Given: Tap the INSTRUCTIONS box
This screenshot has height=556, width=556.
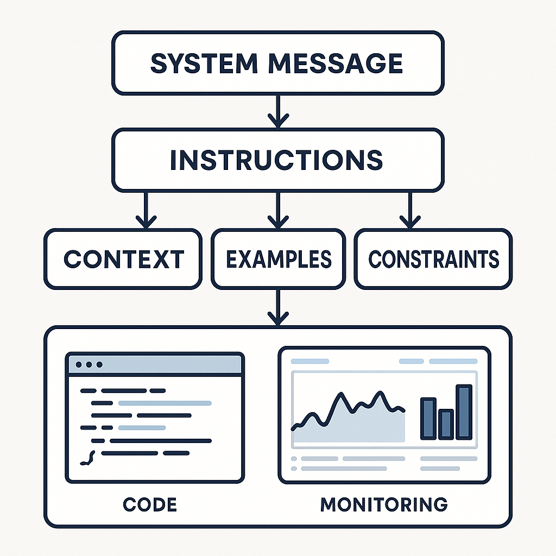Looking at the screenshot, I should click(x=277, y=159).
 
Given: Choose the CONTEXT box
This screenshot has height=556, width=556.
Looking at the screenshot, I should click(x=123, y=259).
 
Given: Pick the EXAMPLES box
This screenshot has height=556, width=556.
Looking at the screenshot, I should click(x=278, y=259).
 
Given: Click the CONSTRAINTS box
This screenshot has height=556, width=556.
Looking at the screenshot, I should click(x=433, y=259).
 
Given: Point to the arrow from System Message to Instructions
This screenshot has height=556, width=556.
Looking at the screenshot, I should click(x=277, y=111).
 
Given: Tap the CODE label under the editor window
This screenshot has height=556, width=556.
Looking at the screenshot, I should click(x=150, y=504).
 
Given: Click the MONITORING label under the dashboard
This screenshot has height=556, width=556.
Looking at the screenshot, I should click(x=384, y=504).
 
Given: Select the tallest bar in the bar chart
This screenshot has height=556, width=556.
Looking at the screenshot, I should click(x=464, y=412).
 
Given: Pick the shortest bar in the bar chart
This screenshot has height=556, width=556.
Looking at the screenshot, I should click(x=446, y=424).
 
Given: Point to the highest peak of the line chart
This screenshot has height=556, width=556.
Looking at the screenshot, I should click(x=342, y=395).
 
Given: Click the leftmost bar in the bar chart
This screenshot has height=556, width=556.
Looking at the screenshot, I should click(x=428, y=418).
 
